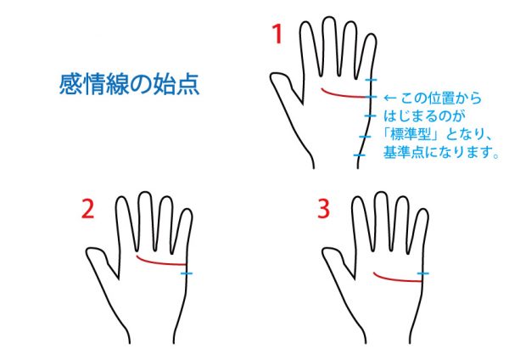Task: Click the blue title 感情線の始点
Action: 129,84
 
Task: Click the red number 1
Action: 277,34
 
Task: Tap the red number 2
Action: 87,209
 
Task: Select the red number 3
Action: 323,209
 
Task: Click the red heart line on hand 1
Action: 344,95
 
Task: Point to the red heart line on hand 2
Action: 159,262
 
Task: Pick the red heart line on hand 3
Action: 396,279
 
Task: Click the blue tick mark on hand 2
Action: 187,273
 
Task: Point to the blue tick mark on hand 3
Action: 422,273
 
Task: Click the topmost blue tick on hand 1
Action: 371,80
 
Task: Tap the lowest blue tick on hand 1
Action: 360,155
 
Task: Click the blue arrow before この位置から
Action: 390,98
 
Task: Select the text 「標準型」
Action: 411,133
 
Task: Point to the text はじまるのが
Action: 424,115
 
